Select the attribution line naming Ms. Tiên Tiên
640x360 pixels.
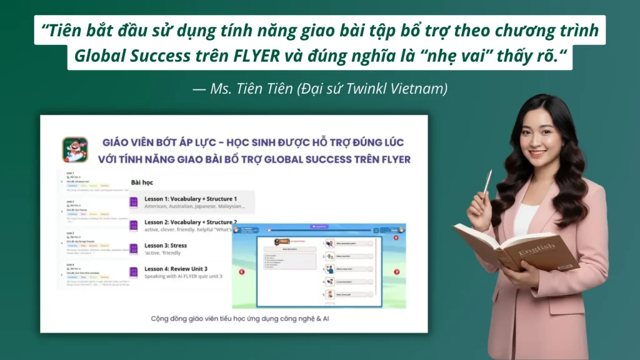[x=320, y=89]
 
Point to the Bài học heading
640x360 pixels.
[x=142, y=182]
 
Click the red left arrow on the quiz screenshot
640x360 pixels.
[x=242, y=272]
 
